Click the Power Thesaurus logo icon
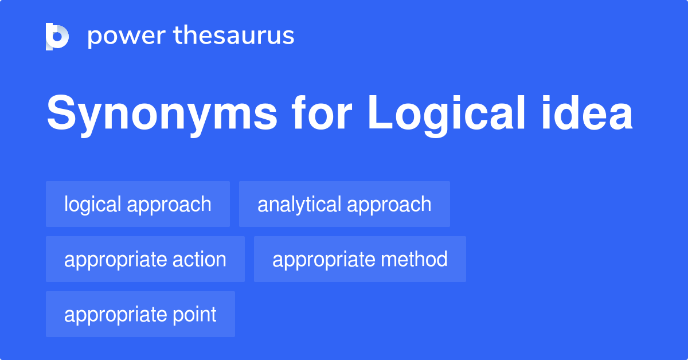[x=57, y=37]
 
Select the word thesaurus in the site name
[x=234, y=36]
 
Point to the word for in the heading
[x=322, y=115]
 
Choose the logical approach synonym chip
[x=138, y=204]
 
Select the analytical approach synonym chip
[x=344, y=204]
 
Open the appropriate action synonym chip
[x=145, y=259]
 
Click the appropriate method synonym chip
[x=359, y=259]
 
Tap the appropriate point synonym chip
[x=140, y=314]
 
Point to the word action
[x=200, y=260]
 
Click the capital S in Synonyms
[x=61, y=115]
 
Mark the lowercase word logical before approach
[x=92, y=205]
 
